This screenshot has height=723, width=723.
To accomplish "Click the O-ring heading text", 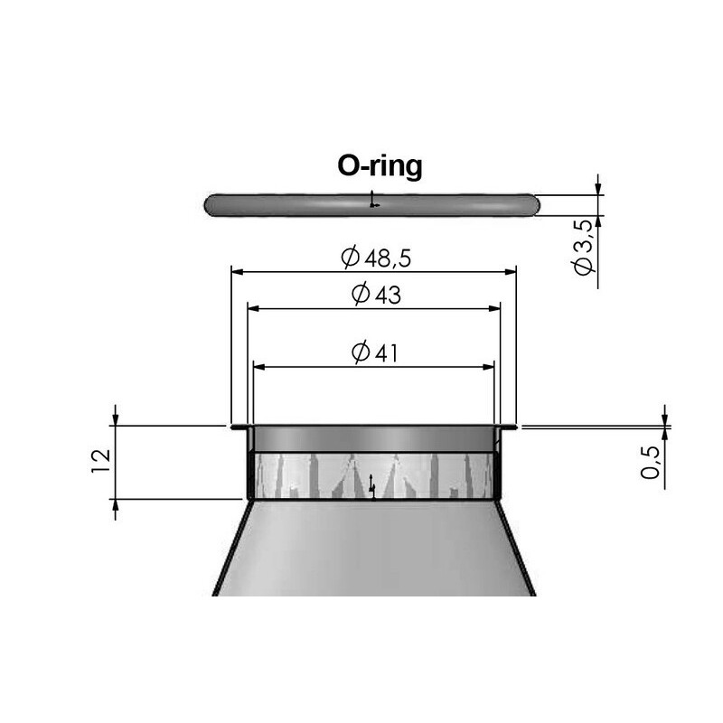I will click(x=380, y=167).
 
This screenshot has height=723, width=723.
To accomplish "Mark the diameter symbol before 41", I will click(x=360, y=353).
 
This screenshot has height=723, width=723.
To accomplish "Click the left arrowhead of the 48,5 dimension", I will click(x=237, y=269).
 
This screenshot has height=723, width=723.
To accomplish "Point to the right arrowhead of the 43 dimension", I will click(x=494, y=308).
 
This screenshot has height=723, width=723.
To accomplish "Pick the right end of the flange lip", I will click(x=512, y=427).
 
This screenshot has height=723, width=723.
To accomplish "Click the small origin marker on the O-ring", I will click(x=373, y=203).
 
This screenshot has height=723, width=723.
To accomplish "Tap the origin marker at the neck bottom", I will click(x=371, y=491).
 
